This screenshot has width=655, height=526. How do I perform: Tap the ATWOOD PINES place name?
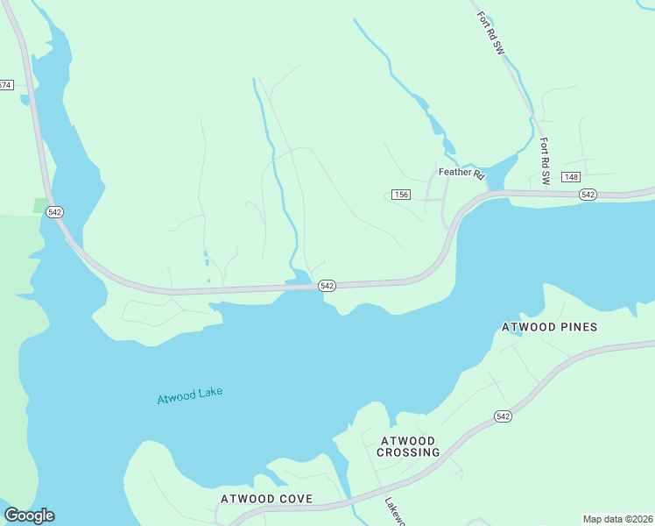tap(549, 327)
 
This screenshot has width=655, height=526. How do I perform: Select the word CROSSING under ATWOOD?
tap(408, 452)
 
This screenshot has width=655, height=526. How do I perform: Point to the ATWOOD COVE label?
tap(266, 499)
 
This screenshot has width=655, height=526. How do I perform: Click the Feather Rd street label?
tap(461, 173)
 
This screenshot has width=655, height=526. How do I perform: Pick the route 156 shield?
tap(401, 195)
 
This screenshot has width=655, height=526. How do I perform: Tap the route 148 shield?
tap(571, 177)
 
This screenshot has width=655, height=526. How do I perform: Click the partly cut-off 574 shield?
tap(6, 85)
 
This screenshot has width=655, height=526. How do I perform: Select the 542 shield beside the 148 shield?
tap(588, 194)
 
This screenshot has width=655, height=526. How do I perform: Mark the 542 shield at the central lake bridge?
tap(327, 286)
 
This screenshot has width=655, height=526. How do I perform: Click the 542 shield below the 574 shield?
tap(54, 212)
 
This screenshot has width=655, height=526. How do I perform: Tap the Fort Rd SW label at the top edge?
tap(490, 33)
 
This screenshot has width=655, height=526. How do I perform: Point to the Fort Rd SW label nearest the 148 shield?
tap(544, 160)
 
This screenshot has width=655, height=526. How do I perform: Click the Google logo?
tap(29, 515)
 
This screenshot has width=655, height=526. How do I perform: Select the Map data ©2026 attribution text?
tap(617, 519)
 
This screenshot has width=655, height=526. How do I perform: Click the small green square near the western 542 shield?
tap(41, 205)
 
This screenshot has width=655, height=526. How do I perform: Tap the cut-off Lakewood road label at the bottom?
tap(392, 513)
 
